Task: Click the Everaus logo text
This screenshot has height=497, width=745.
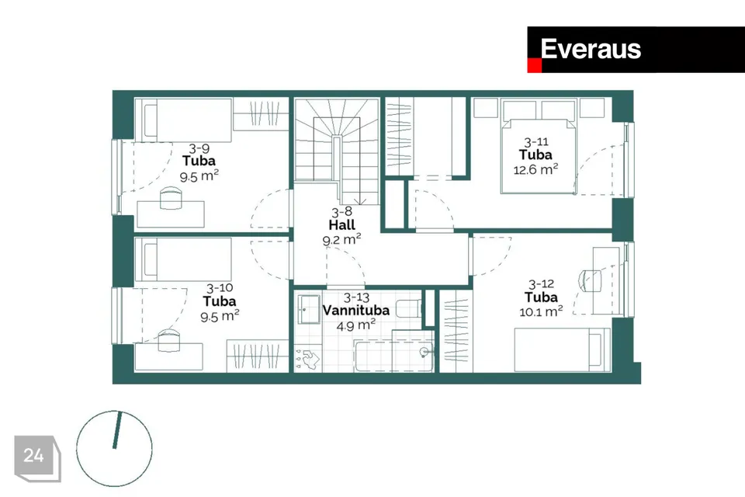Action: point(591,49)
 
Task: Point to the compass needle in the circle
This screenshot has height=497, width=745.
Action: point(117,430)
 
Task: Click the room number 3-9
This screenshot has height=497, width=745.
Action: point(199,148)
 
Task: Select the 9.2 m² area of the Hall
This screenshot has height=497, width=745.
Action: point(341,239)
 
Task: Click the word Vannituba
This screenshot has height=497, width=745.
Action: point(356,310)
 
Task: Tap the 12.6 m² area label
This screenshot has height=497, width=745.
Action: point(535,169)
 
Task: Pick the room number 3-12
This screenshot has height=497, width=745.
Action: point(541,284)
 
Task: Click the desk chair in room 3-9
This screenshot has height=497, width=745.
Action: point(171,198)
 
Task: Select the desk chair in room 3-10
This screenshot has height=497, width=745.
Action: point(170,340)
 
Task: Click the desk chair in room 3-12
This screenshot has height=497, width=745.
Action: point(590,281)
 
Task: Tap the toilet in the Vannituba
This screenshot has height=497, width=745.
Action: point(408,309)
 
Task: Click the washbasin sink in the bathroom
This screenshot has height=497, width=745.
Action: point(310,309)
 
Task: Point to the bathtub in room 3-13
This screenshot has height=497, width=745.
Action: point(394,355)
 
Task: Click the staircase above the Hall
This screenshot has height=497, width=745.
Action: point(337,151)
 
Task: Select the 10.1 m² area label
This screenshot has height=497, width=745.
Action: point(541,311)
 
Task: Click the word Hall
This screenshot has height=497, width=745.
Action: point(341,224)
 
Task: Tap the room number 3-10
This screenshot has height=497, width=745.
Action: point(220,288)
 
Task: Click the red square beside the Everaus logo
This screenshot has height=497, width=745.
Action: point(535,66)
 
